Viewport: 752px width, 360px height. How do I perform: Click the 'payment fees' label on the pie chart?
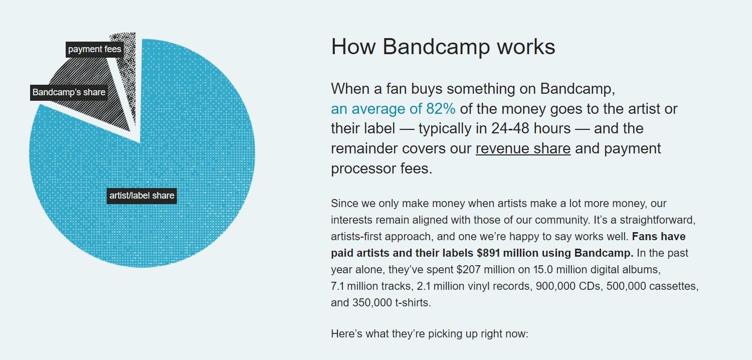[x=95, y=49]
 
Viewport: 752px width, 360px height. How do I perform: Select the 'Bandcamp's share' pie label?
[x=69, y=92]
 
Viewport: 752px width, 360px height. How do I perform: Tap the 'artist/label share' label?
[x=142, y=196]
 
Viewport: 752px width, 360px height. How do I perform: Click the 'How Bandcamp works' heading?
[x=443, y=47]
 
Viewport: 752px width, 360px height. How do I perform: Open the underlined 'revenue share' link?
[x=523, y=148]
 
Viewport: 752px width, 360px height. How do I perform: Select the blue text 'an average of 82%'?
[x=393, y=109]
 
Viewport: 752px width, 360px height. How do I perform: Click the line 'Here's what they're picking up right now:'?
[x=430, y=334]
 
